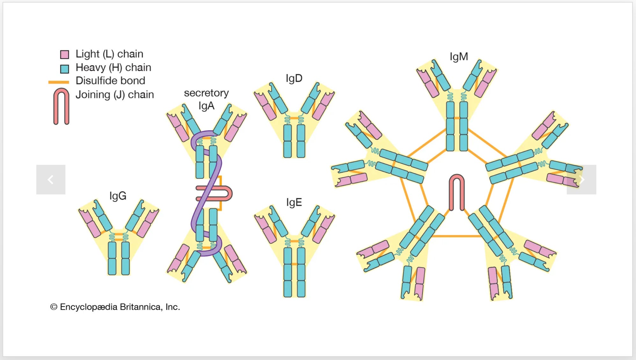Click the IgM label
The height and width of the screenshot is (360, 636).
pos(459,57)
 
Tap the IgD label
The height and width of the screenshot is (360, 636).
pos(294,78)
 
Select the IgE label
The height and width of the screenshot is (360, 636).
pos(294,202)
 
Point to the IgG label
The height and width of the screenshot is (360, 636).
pos(118,196)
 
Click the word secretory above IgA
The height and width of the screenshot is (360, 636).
pos(206,93)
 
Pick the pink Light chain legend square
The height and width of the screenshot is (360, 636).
pos(65,54)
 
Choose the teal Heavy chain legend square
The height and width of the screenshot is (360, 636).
pos(65,68)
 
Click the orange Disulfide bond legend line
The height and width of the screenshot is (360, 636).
pos(59,82)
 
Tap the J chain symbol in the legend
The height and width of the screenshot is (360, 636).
pos(61,106)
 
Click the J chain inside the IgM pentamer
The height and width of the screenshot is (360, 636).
pos(457,192)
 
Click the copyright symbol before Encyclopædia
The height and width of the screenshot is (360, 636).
pos(54,307)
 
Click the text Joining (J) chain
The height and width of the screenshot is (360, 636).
pos(115,95)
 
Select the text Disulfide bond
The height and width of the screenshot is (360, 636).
pos(110,81)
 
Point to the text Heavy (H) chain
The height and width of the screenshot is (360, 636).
pos(113,68)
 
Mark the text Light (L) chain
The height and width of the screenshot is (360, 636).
pos(109,54)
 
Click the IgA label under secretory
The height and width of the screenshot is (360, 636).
pos(206,106)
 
